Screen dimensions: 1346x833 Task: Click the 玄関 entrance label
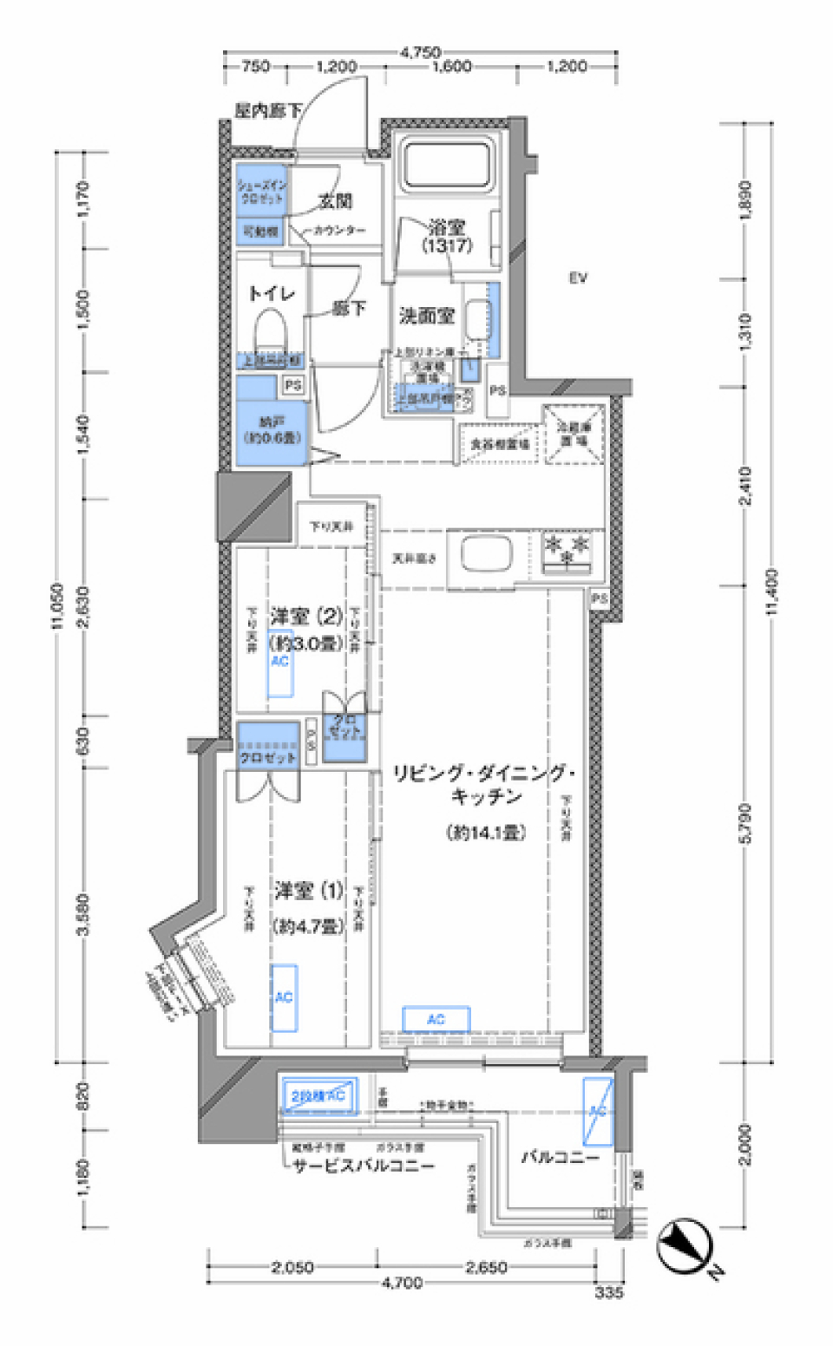[335, 201]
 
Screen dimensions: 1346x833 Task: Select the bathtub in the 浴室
[444, 164]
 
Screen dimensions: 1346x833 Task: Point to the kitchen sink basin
[486, 553]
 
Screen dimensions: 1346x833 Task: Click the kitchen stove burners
[567, 552]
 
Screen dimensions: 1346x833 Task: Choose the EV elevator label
[579, 278]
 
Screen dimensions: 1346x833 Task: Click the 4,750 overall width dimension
[420, 52]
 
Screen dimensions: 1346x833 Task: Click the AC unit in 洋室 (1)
[284, 997]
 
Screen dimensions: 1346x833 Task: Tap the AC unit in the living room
[436, 1019]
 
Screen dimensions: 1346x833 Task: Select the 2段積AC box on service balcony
[318, 1096]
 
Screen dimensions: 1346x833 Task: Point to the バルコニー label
[560, 1157]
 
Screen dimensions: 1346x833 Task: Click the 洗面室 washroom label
[426, 316]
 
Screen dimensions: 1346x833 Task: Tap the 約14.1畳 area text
[486, 833]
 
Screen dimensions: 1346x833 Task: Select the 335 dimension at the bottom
[609, 1292]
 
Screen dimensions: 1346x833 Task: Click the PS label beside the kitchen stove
[599, 599]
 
